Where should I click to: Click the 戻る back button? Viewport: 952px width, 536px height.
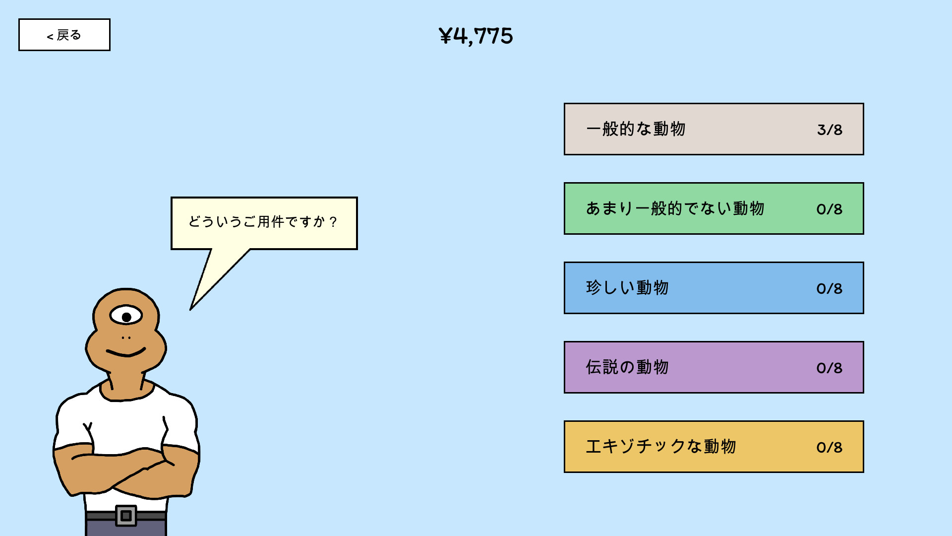(64, 35)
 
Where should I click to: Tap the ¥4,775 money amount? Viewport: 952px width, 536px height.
(476, 36)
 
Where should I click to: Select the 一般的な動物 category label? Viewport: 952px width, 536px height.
(636, 129)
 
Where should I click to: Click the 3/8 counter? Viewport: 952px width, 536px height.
(830, 130)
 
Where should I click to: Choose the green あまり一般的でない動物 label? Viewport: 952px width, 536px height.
(675, 208)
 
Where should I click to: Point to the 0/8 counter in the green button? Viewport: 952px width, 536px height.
(830, 209)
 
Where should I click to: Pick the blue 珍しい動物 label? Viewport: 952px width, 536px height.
(628, 288)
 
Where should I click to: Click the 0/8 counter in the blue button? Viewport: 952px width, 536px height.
(830, 288)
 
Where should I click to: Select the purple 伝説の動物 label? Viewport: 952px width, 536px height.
(628, 367)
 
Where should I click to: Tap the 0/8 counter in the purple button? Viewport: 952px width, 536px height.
(830, 368)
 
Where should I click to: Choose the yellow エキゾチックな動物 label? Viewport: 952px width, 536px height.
(661, 447)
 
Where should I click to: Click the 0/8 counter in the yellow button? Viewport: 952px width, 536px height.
(830, 447)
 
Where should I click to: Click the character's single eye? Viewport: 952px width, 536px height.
(126, 316)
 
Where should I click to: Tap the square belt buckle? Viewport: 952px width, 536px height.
(126, 516)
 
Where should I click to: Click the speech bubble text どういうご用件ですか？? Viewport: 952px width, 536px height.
(263, 221)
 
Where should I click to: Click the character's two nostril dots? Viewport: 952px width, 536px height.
(126, 337)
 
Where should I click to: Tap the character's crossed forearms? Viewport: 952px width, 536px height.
(126, 471)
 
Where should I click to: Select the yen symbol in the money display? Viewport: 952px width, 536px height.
(445, 36)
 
